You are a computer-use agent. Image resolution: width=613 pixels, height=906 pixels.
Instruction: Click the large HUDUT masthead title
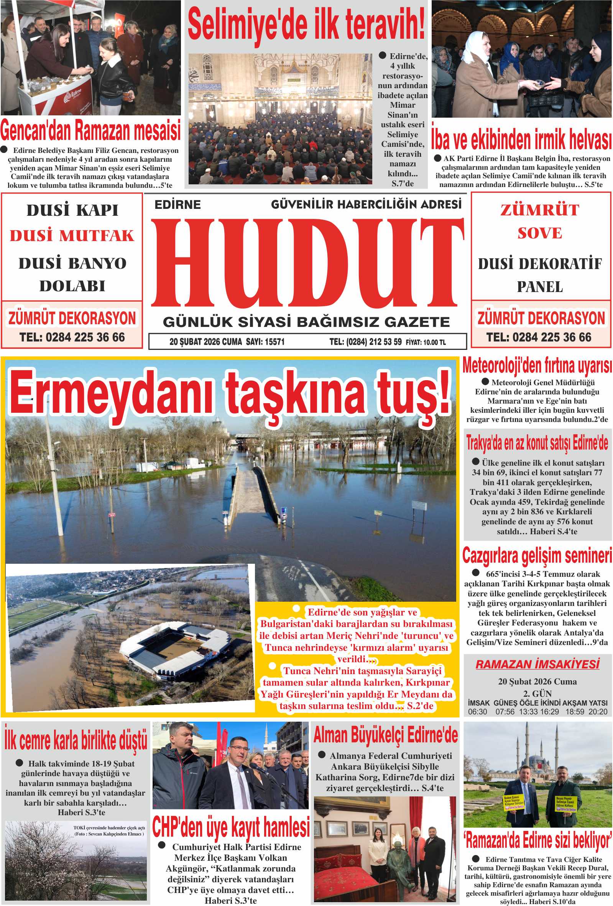click(307, 263)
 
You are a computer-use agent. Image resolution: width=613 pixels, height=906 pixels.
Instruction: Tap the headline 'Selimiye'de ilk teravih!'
click(306, 25)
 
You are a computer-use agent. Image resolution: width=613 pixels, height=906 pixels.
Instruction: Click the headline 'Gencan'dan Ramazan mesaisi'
click(90, 131)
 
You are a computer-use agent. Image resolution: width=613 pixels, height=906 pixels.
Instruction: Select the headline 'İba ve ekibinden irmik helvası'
click(521, 139)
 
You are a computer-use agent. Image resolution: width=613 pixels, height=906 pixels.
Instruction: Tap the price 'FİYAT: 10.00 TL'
click(426, 342)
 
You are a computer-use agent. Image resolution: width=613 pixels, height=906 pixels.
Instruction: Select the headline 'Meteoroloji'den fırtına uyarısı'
click(537, 366)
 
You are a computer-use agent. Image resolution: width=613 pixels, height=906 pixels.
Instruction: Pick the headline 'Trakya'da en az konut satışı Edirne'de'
click(537, 443)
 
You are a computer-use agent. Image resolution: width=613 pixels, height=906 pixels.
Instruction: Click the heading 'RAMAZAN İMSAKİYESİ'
click(537, 664)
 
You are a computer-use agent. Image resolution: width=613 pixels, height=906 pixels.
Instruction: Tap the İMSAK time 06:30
click(477, 711)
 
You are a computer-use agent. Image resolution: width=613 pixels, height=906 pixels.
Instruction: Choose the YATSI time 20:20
click(598, 711)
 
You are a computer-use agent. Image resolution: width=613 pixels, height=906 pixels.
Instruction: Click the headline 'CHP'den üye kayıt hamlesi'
click(231, 827)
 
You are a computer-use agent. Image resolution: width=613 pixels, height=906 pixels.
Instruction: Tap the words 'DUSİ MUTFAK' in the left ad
click(72, 235)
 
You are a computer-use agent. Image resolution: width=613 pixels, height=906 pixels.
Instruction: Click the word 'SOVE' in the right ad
click(540, 233)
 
